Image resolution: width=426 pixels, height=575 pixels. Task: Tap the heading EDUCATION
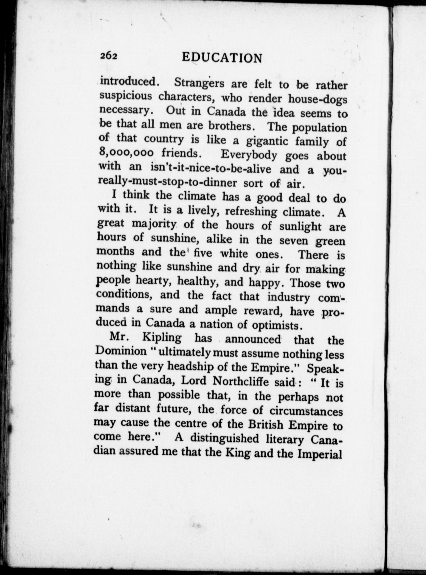click(x=222, y=58)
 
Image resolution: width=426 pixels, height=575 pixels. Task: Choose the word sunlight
click(x=300, y=226)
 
